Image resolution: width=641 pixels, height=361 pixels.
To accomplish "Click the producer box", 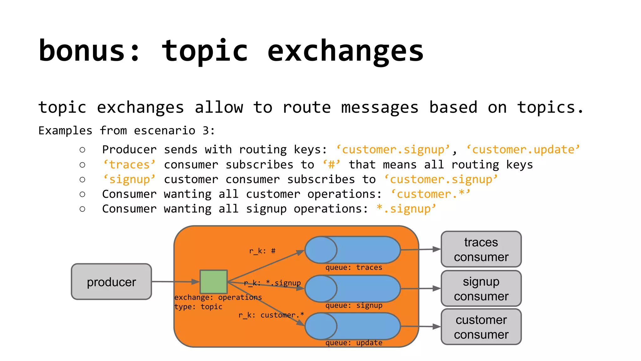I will coord(111,282).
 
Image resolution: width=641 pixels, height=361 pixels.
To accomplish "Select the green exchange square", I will coord(214,281).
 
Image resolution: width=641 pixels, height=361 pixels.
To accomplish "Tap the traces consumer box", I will coord(481,249).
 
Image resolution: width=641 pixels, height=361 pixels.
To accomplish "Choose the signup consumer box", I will coord(481,289).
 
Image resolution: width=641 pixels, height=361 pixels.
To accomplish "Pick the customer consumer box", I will coord(481,327).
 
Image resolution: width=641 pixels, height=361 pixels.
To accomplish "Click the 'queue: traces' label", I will coord(354,268).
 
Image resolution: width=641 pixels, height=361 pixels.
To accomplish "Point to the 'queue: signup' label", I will coord(354,306).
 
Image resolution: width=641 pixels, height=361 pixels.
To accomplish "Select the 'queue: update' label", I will coord(354,343).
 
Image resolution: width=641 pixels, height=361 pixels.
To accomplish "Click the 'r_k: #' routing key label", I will coord(262,251).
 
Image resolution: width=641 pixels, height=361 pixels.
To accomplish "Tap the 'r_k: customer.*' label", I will coord(271,315).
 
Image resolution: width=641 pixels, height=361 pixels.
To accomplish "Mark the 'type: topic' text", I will coord(198,307).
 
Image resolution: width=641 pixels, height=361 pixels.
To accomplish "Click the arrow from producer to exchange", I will coord(175,282).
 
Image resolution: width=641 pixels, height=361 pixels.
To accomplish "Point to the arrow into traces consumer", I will coord(421,250).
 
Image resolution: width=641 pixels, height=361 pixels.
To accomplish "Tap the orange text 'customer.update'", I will coord(523,150).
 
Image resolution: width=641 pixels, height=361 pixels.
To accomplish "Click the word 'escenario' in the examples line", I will coord(165,131).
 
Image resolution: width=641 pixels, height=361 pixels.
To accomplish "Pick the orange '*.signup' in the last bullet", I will coord(406,209).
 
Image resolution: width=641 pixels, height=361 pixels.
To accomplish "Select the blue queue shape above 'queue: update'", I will coord(353,326).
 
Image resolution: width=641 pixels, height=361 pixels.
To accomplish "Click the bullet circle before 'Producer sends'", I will coord(82,150).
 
